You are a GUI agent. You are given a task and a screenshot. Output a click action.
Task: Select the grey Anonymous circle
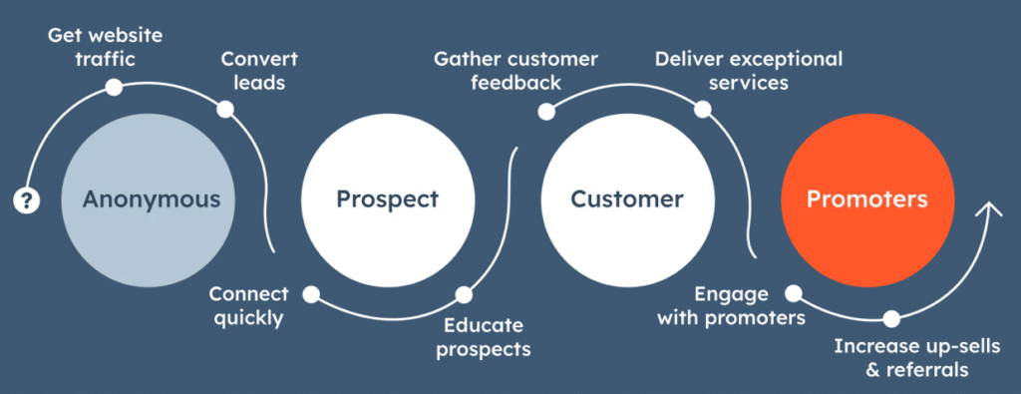click(151, 198)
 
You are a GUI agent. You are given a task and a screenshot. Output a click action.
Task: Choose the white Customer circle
click(626, 198)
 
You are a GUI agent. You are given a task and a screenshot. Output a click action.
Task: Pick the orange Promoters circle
click(866, 198)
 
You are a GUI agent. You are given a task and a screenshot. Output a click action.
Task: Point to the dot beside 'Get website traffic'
click(115, 88)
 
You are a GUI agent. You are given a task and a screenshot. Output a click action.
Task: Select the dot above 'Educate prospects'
click(463, 295)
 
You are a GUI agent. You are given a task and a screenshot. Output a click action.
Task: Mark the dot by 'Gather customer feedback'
click(545, 112)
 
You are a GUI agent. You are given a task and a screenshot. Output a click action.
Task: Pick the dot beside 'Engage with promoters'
click(794, 294)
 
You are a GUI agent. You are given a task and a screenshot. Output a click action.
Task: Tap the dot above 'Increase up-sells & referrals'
click(891, 319)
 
